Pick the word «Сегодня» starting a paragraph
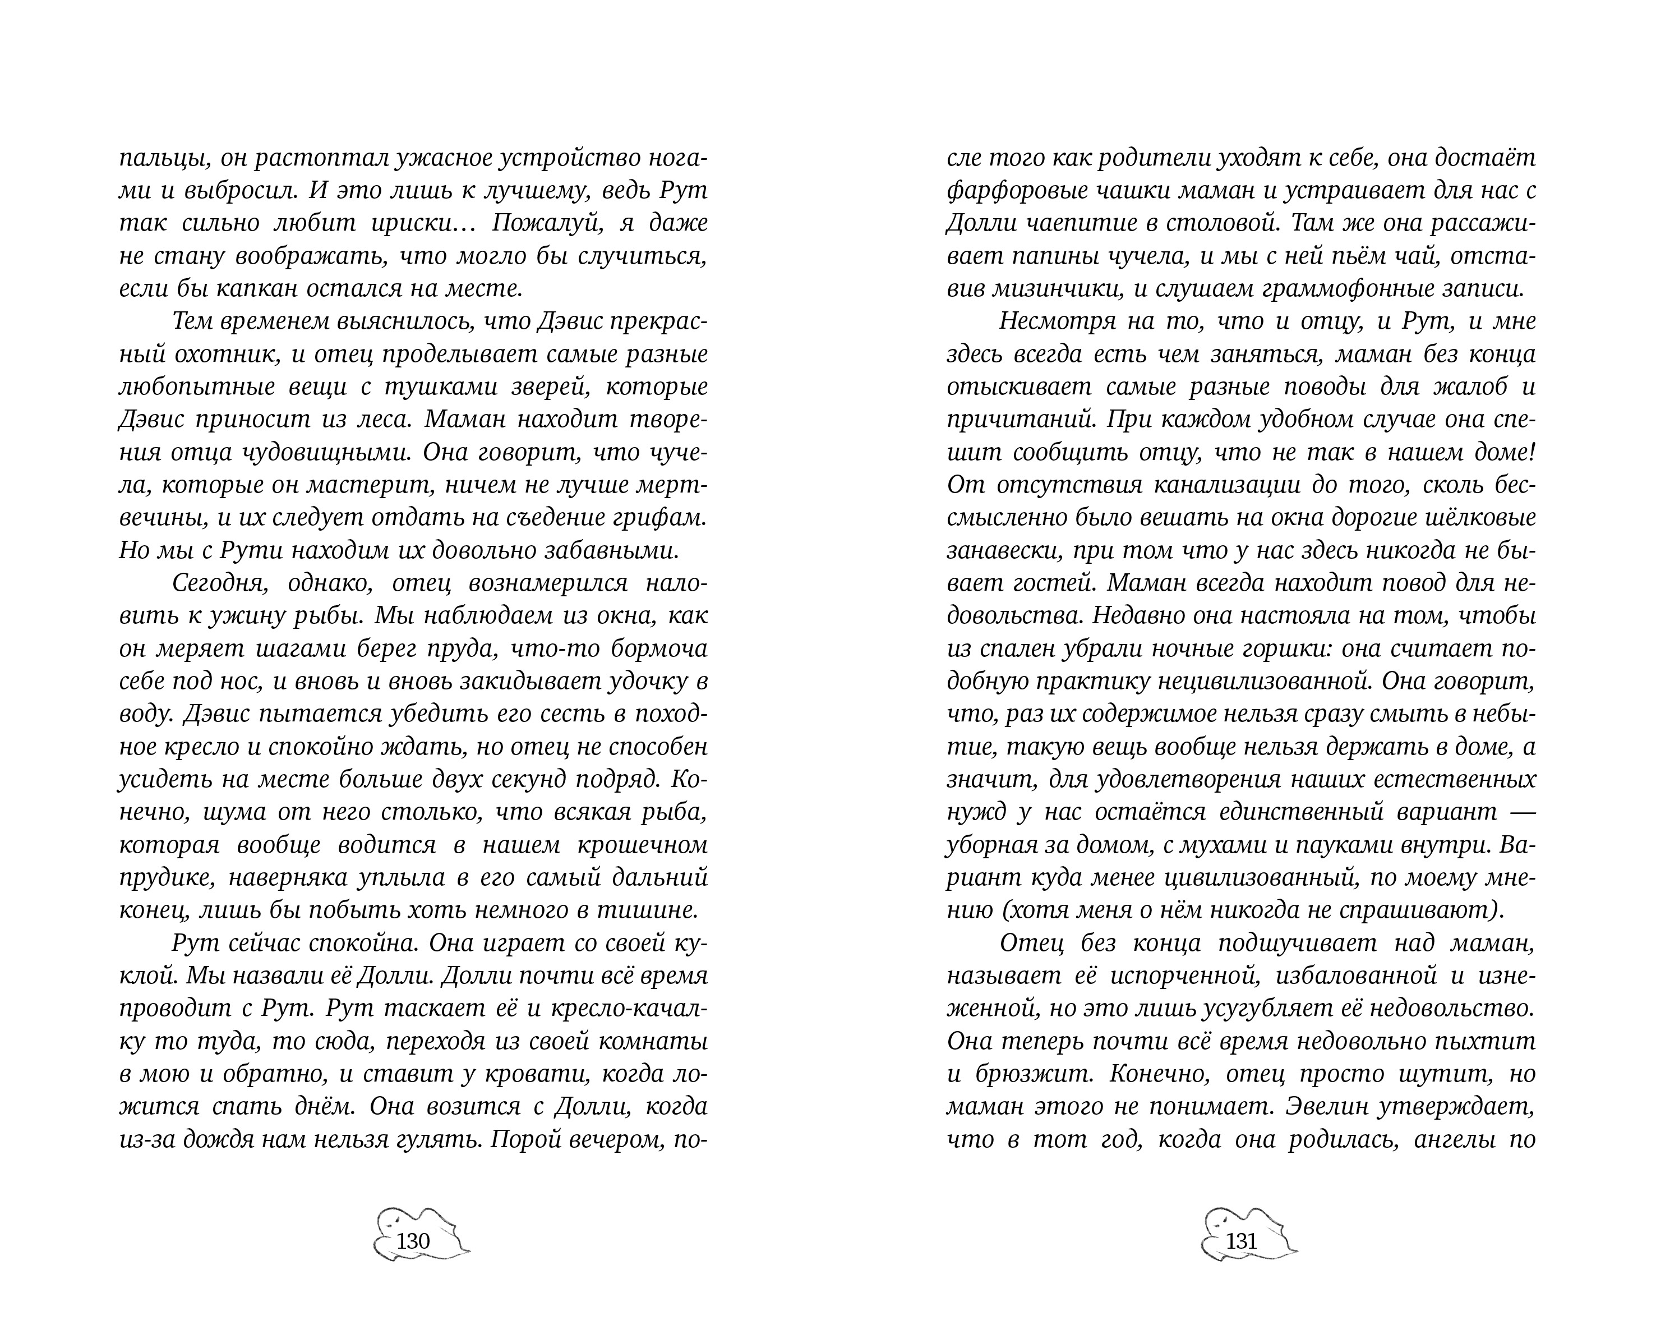tap(220, 583)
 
